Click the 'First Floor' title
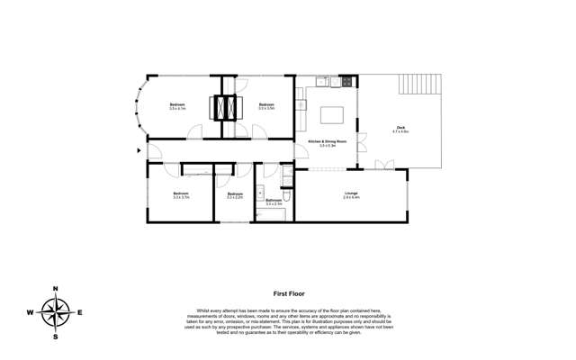287,293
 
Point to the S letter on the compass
55,337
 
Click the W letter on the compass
30,312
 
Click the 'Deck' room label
401,128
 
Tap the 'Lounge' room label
351,193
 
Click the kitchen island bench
332,115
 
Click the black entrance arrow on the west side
138,149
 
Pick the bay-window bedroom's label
176,106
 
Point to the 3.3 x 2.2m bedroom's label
236,194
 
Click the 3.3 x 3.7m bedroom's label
181,194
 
